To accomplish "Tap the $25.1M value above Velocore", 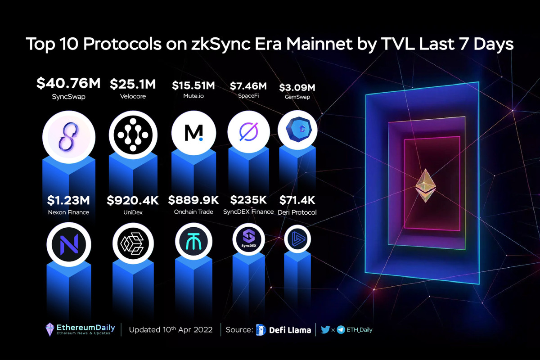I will pyautogui.click(x=133, y=84).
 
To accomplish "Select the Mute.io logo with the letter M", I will pyautogui.click(x=193, y=132).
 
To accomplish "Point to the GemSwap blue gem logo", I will pyautogui.click(x=297, y=131).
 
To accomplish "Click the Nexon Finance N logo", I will pyautogui.click(x=69, y=243).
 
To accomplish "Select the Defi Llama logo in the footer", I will pyautogui.click(x=261, y=330).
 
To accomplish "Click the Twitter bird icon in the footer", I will pyautogui.click(x=325, y=330).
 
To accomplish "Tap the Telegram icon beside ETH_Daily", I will pyautogui.click(x=341, y=330).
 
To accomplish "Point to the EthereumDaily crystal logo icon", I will pyautogui.click(x=50, y=329).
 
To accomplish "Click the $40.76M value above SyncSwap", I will pyautogui.click(x=69, y=84).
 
